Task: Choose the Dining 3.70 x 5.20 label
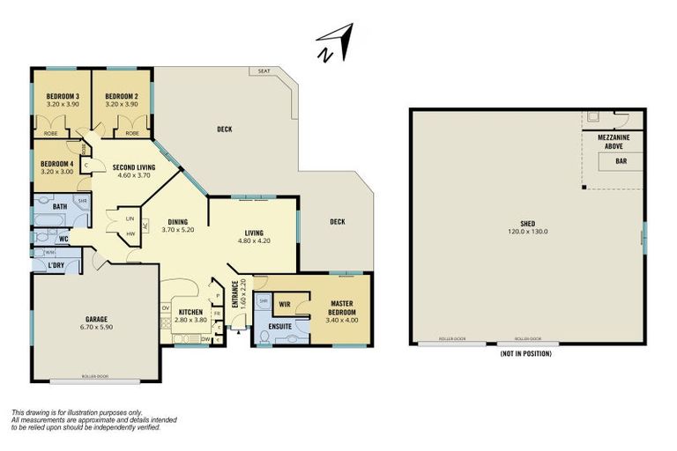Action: coord(176,226)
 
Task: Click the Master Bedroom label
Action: coord(341,312)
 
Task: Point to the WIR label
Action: coord(285,305)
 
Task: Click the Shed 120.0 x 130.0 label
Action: coord(527,227)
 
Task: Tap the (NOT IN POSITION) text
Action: coord(526,354)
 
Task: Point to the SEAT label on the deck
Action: coord(263,71)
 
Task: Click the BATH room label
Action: coord(60,206)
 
